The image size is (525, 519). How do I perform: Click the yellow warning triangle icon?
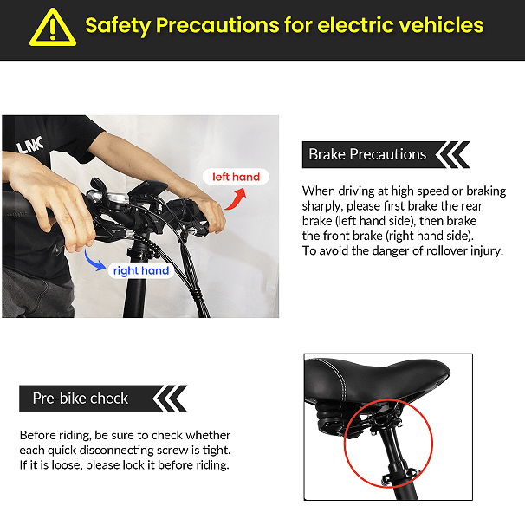(x=53, y=28)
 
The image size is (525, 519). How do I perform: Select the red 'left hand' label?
(x=236, y=177)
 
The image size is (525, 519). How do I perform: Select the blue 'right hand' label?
(x=141, y=270)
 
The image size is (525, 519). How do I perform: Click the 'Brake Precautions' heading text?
(x=367, y=154)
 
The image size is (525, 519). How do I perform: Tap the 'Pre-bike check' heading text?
(x=81, y=399)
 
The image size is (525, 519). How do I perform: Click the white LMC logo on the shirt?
(x=30, y=145)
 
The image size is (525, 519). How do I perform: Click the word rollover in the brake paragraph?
(x=443, y=250)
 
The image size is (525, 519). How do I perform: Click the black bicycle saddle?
(x=377, y=380)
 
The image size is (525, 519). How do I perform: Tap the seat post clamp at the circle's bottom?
(x=399, y=476)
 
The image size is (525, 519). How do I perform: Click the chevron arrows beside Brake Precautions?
(x=453, y=155)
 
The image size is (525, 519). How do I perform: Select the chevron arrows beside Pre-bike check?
(x=170, y=399)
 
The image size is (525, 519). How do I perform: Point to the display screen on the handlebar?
(x=148, y=189)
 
